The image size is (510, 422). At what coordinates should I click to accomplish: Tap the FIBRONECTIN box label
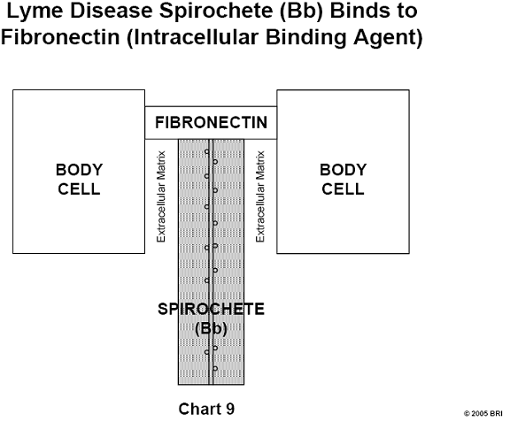point(211,123)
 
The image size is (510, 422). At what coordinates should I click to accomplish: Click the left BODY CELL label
point(79,179)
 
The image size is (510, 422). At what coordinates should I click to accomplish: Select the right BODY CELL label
point(344,179)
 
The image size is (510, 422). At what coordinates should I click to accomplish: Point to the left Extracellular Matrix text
point(161,196)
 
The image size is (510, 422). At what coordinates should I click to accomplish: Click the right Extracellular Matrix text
point(260,196)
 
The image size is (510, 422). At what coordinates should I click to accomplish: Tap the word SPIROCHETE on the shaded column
point(211,309)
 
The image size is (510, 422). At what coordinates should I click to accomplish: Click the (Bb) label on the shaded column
point(211,328)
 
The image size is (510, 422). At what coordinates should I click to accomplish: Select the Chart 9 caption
point(206,409)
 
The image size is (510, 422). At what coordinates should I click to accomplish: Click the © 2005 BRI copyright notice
point(483,413)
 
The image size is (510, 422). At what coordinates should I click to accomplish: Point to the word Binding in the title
point(305,37)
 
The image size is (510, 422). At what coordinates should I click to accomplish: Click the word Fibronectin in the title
point(60,36)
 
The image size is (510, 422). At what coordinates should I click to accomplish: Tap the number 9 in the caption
point(230,409)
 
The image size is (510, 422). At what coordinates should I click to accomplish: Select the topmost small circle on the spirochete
point(207,151)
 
